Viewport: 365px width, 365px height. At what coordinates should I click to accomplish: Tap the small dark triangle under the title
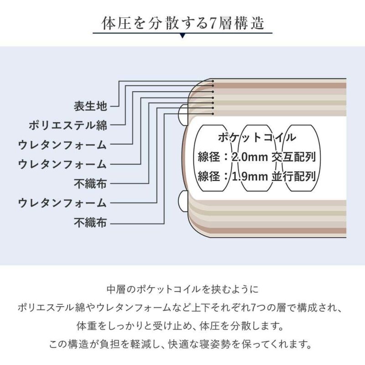click(183, 36)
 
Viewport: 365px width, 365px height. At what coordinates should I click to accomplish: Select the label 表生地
click(90, 106)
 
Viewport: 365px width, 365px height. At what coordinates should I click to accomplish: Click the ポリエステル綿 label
click(68, 125)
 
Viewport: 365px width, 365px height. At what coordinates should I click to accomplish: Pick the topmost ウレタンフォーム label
click(63, 145)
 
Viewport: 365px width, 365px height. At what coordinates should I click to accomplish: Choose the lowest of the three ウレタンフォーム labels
click(63, 203)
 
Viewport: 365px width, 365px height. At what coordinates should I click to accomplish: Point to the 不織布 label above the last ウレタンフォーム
click(90, 184)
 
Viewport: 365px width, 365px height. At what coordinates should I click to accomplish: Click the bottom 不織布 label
click(90, 223)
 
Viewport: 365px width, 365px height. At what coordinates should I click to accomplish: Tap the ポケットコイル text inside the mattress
click(257, 137)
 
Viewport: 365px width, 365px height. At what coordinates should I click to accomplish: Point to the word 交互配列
click(294, 157)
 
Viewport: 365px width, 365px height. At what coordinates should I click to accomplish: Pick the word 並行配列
click(294, 177)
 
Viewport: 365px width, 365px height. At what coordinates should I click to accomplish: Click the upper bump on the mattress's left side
click(183, 115)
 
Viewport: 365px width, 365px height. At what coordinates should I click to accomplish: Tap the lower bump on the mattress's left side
click(183, 201)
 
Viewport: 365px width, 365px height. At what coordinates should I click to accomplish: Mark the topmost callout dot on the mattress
click(213, 81)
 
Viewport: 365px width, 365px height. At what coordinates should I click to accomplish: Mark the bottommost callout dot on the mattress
click(213, 114)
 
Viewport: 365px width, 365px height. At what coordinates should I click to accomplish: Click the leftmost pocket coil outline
click(213, 158)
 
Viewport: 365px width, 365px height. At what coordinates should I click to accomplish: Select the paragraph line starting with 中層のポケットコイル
click(183, 289)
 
